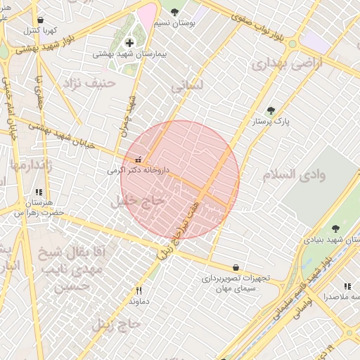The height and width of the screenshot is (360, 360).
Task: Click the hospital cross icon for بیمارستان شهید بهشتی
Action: pos(129,43)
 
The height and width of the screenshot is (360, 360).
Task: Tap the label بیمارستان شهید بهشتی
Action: pos(129,53)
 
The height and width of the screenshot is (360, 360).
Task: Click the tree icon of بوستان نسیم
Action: pos(174,12)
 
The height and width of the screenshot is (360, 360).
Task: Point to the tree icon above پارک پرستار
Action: pos(271,110)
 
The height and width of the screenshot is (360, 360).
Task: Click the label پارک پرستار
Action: pos(271,121)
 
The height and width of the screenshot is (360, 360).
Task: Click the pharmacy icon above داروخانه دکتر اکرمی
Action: pos(138,160)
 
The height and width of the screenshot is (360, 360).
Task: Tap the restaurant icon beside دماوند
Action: pos(139,291)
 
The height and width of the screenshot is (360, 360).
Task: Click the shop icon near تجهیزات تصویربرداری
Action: pos(236,267)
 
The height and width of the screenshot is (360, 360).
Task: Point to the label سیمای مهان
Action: pos(235,288)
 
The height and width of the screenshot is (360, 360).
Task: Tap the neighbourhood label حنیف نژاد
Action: pos(89,84)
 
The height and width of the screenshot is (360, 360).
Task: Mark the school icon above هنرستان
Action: pos(39,191)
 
